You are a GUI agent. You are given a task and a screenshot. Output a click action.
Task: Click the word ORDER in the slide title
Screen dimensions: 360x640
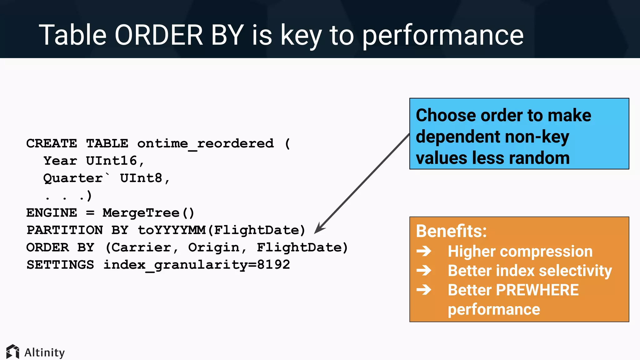pyautogui.click(x=159, y=35)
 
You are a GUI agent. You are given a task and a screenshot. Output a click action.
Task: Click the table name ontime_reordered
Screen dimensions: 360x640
pyautogui.click(x=205, y=144)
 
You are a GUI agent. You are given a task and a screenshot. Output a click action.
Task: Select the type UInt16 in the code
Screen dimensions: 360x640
pyautogui.click(x=111, y=161)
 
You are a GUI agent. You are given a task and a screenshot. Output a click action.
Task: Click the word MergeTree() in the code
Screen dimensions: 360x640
pyautogui.click(x=148, y=213)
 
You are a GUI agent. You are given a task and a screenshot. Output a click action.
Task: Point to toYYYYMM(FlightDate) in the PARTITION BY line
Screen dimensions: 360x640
pyautogui.click(x=221, y=230)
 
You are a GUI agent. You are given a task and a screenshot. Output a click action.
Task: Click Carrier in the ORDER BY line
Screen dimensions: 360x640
pyautogui.click(x=141, y=248)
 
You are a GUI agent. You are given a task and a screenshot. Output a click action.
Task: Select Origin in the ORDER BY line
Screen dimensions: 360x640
pyautogui.click(x=214, y=248)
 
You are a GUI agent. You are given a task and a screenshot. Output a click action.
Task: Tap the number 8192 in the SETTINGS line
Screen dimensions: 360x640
pyautogui.click(x=273, y=265)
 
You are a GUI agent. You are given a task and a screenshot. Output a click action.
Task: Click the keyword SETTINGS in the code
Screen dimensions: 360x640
pyautogui.click(x=60, y=265)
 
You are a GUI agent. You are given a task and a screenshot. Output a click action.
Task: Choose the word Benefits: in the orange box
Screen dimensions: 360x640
pyautogui.click(x=451, y=231)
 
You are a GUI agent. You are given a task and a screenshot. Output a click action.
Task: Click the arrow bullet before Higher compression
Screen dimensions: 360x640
pyautogui.click(x=424, y=251)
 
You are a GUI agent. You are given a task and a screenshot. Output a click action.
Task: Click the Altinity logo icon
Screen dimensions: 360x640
pyautogui.click(x=13, y=352)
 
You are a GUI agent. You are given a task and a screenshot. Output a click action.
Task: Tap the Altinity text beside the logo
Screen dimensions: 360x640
pyautogui.click(x=44, y=352)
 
